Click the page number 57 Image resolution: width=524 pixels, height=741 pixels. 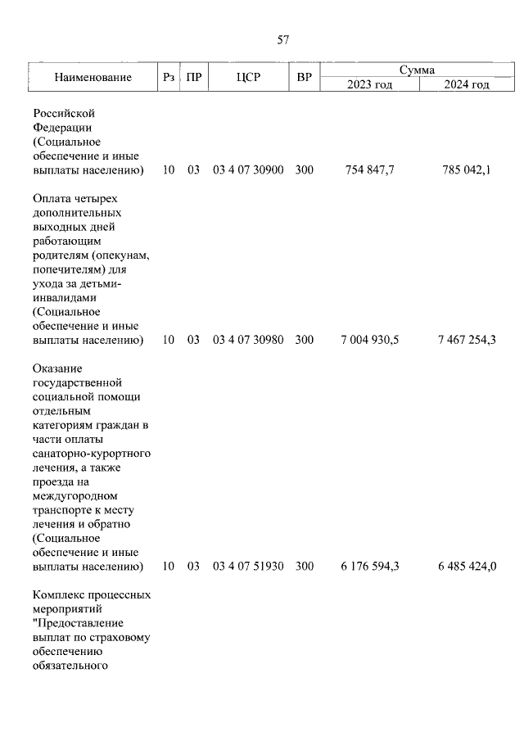[x=283, y=38]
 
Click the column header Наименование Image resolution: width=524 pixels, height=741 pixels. [x=93, y=78]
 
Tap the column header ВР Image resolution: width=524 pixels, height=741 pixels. [x=304, y=78]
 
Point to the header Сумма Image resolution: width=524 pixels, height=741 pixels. [x=417, y=70]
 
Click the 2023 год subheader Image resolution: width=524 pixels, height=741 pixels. [x=370, y=84]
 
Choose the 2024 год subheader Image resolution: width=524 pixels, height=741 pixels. [x=467, y=84]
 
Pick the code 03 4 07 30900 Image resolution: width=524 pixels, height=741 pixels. [x=248, y=170]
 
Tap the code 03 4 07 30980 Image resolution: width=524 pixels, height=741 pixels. [x=248, y=340]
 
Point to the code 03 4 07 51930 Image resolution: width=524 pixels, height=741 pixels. [x=248, y=566]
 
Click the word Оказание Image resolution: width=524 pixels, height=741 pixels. [x=59, y=368]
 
